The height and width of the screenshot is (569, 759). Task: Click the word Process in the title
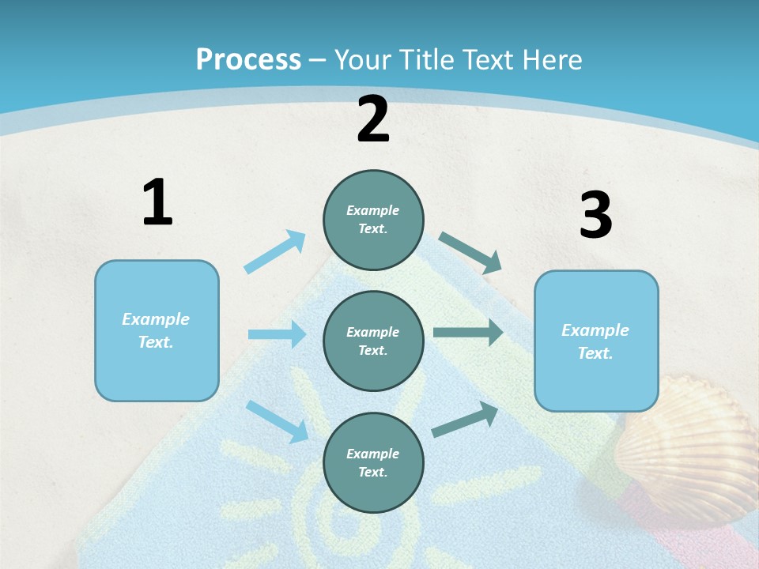(x=248, y=60)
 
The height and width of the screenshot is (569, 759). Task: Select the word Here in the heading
(x=553, y=60)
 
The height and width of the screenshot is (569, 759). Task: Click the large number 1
(x=157, y=202)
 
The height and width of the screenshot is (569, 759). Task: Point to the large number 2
(x=373, y=119)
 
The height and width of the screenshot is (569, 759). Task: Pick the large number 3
(x=595, y=216)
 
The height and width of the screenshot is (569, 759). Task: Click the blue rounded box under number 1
(x=157, y=330)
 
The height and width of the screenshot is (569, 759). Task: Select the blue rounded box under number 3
(x=596, y=341)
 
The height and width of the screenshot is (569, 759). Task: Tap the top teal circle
(x=373, y=220)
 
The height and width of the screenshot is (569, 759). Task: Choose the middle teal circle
(x=373, y=341)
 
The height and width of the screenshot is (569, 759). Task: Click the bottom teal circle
(x=373, y=462)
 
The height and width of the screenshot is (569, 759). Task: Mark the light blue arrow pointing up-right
(x=275, y=252)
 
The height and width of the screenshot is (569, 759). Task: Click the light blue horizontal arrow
(x=277, y=334)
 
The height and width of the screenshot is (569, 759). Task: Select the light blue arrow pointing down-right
(x=277, y=421)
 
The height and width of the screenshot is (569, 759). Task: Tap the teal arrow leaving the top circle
(x=470, y=253)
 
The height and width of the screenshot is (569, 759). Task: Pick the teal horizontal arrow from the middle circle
(x=468, y=333)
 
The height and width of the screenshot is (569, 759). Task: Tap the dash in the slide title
(x=318, y=60)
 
